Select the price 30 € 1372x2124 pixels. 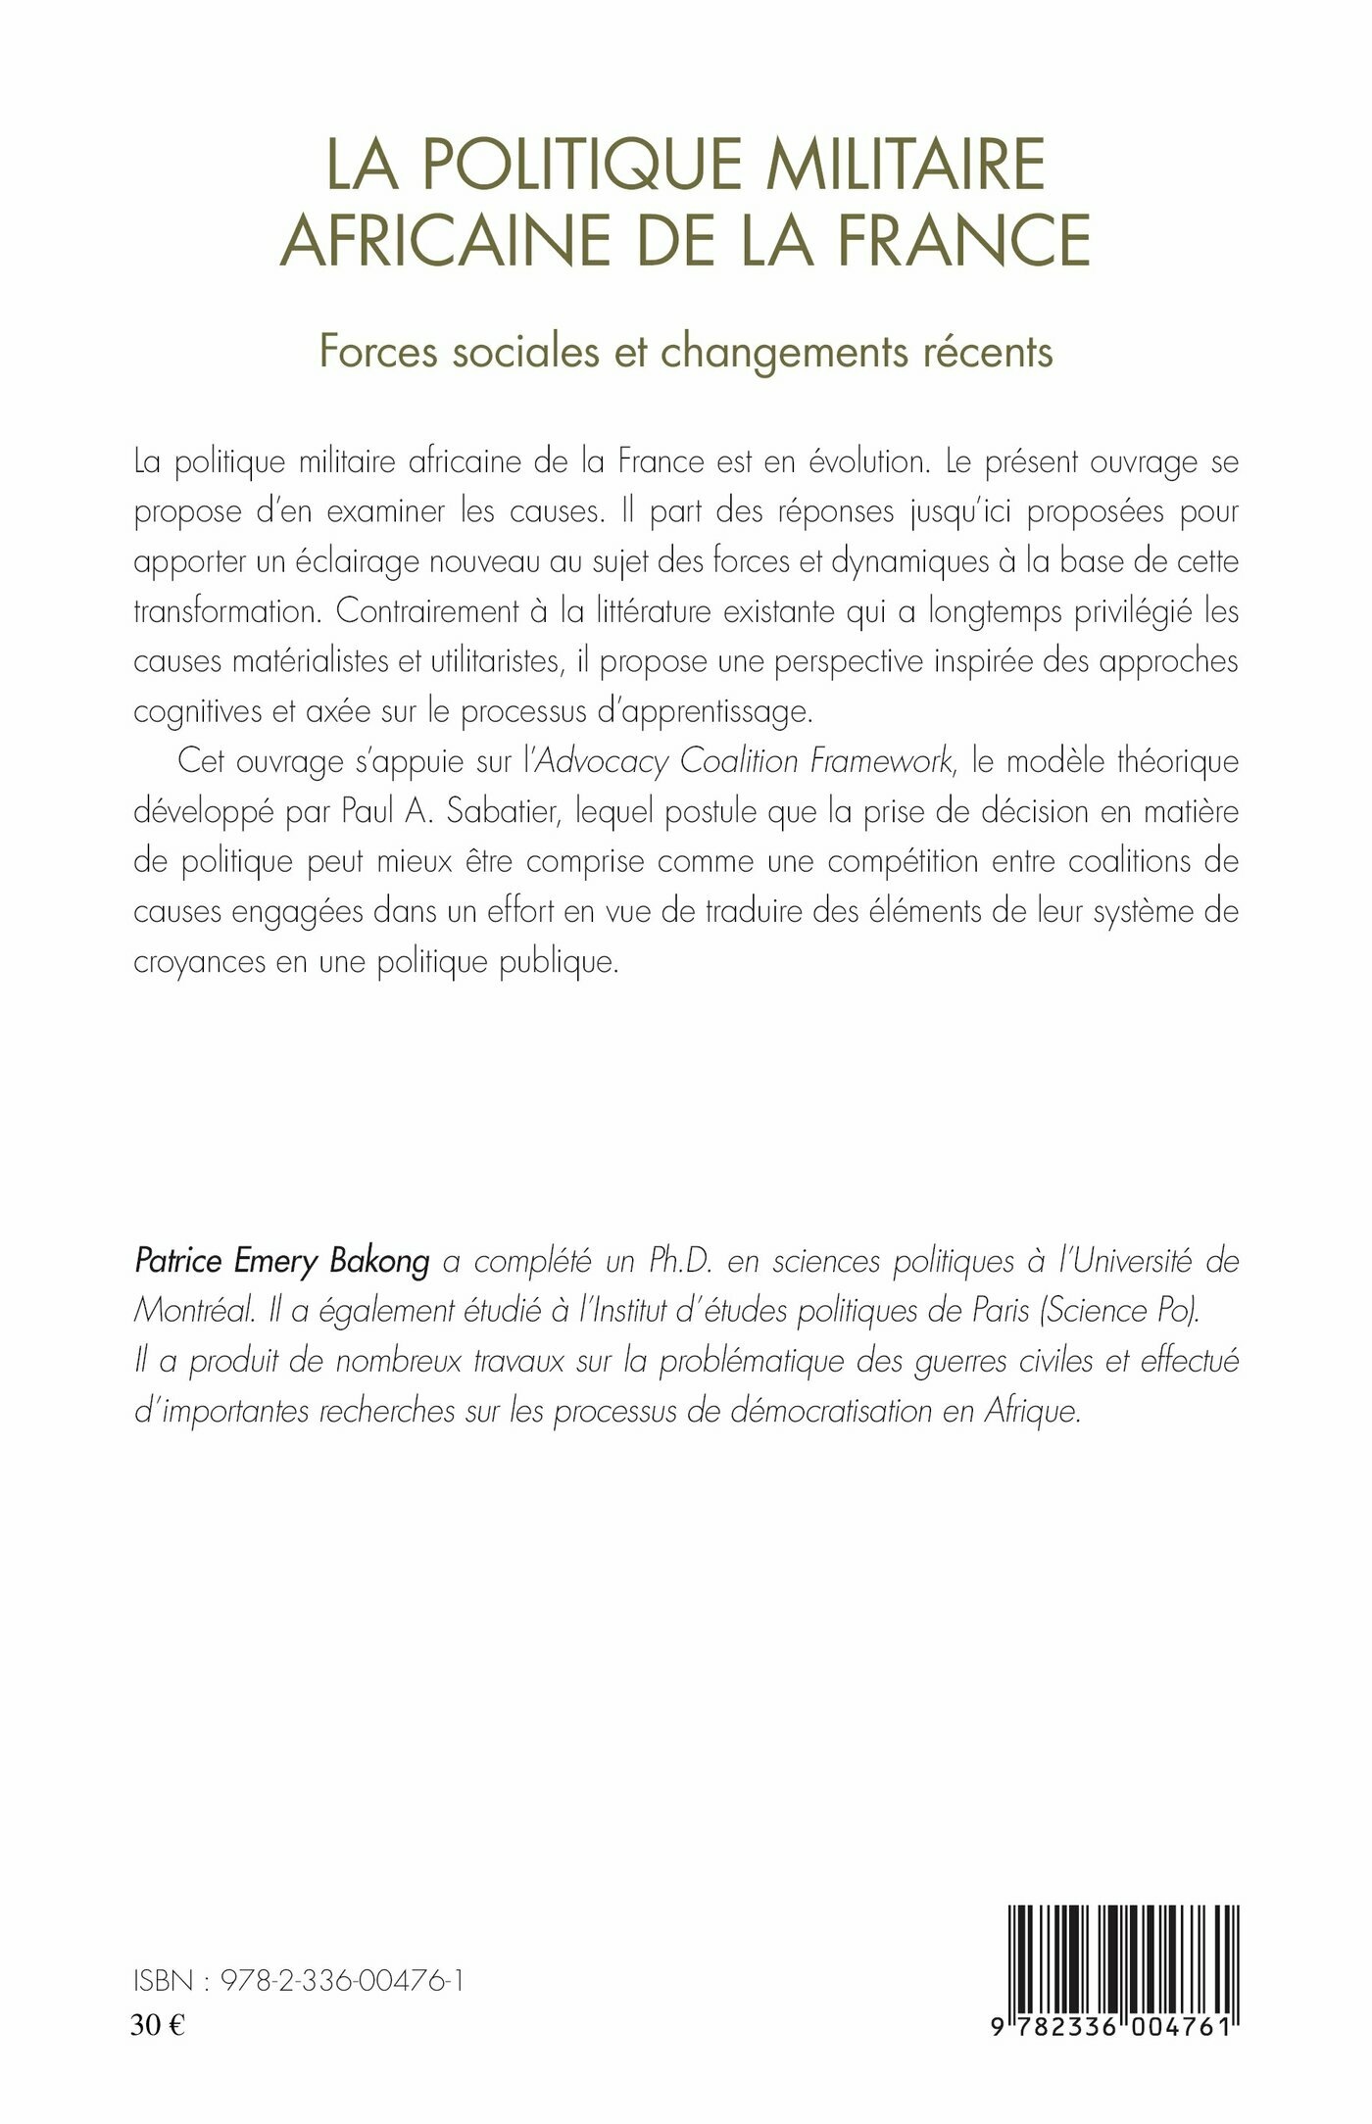click(x=158, y=2025)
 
